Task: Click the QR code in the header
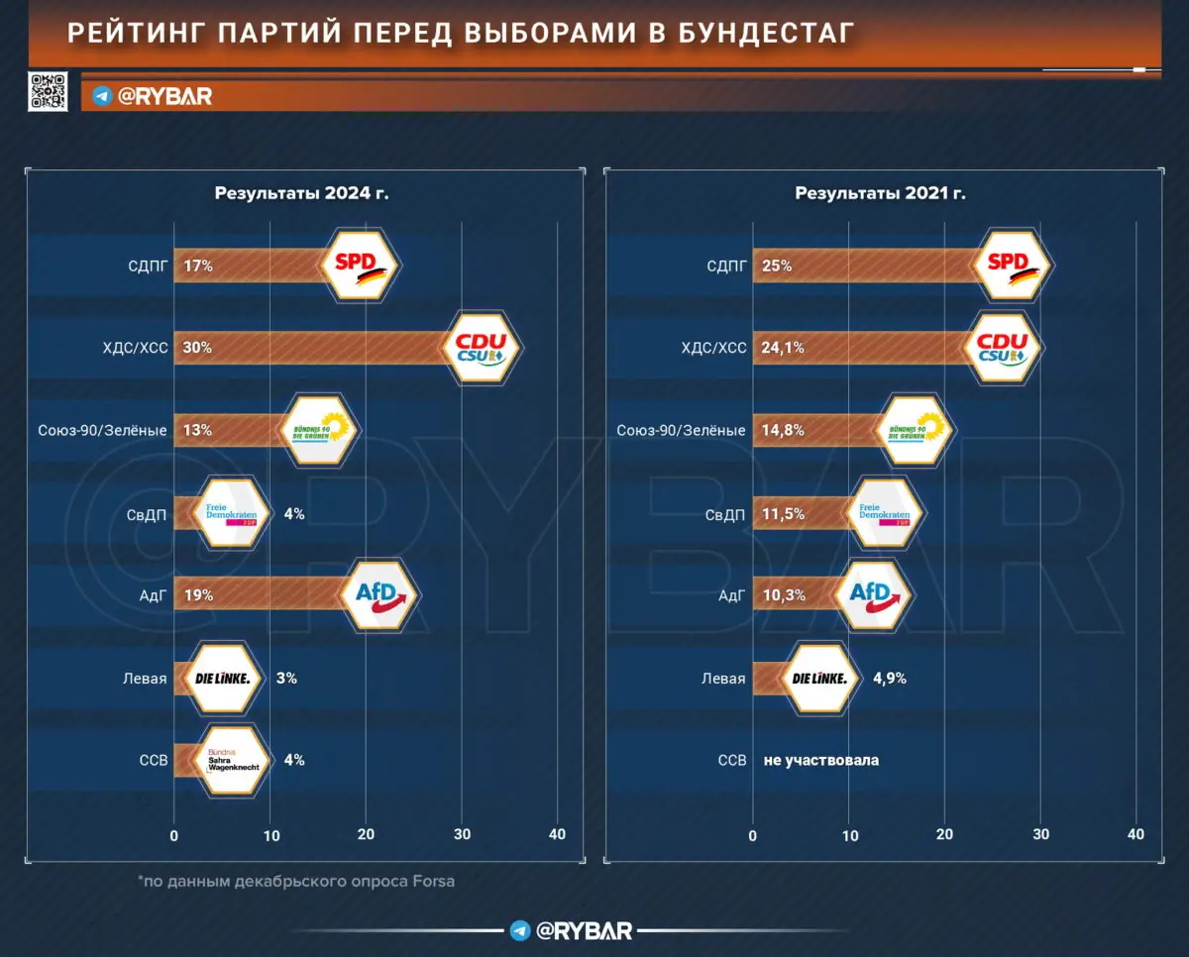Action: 49,92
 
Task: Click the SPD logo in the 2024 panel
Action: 362,266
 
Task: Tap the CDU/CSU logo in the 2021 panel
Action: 1003,348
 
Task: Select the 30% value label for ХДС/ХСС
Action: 198,348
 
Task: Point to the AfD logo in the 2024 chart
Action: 381,595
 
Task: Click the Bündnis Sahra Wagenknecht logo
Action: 233,760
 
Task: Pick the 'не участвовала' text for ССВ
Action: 821,761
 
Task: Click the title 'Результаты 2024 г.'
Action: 301,193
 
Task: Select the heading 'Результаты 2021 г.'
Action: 880,193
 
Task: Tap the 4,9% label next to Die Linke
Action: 890,679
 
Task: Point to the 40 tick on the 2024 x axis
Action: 557,834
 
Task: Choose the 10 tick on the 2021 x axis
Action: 849,834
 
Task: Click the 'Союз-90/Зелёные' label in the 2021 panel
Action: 681,431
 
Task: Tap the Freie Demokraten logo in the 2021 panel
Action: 885,513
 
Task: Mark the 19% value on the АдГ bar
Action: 198,595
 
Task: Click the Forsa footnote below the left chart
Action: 296,881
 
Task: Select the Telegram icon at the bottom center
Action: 520,930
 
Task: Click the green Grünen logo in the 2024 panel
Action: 319,430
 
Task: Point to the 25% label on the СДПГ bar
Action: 777,266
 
